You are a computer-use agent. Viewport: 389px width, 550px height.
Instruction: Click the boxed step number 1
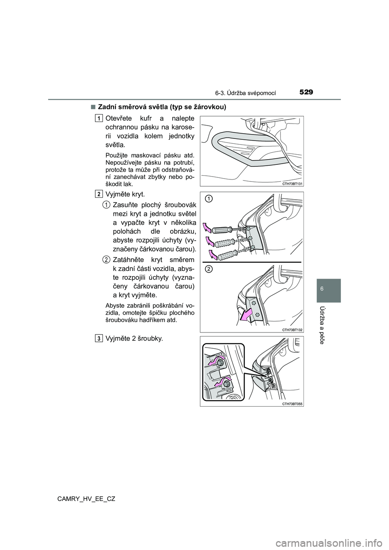pyautogui.click(x=99, y=118)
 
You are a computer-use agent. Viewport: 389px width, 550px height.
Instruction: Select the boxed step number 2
pyautogui.click(x=99, y=194)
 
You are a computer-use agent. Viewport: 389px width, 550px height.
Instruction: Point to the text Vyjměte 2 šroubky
pyautogui.click(x=134, y=339)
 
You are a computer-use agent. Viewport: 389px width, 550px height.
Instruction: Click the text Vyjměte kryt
pyautogui.click(x=125, y=195)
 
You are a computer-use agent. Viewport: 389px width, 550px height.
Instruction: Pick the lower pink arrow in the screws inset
pyautogui.click(x=219, y=382)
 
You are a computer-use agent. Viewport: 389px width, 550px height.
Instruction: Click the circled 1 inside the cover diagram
pyautogui.click(x=208, y=198)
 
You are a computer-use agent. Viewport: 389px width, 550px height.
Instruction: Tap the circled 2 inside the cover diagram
pyautogui.click(x=208, y=270)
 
